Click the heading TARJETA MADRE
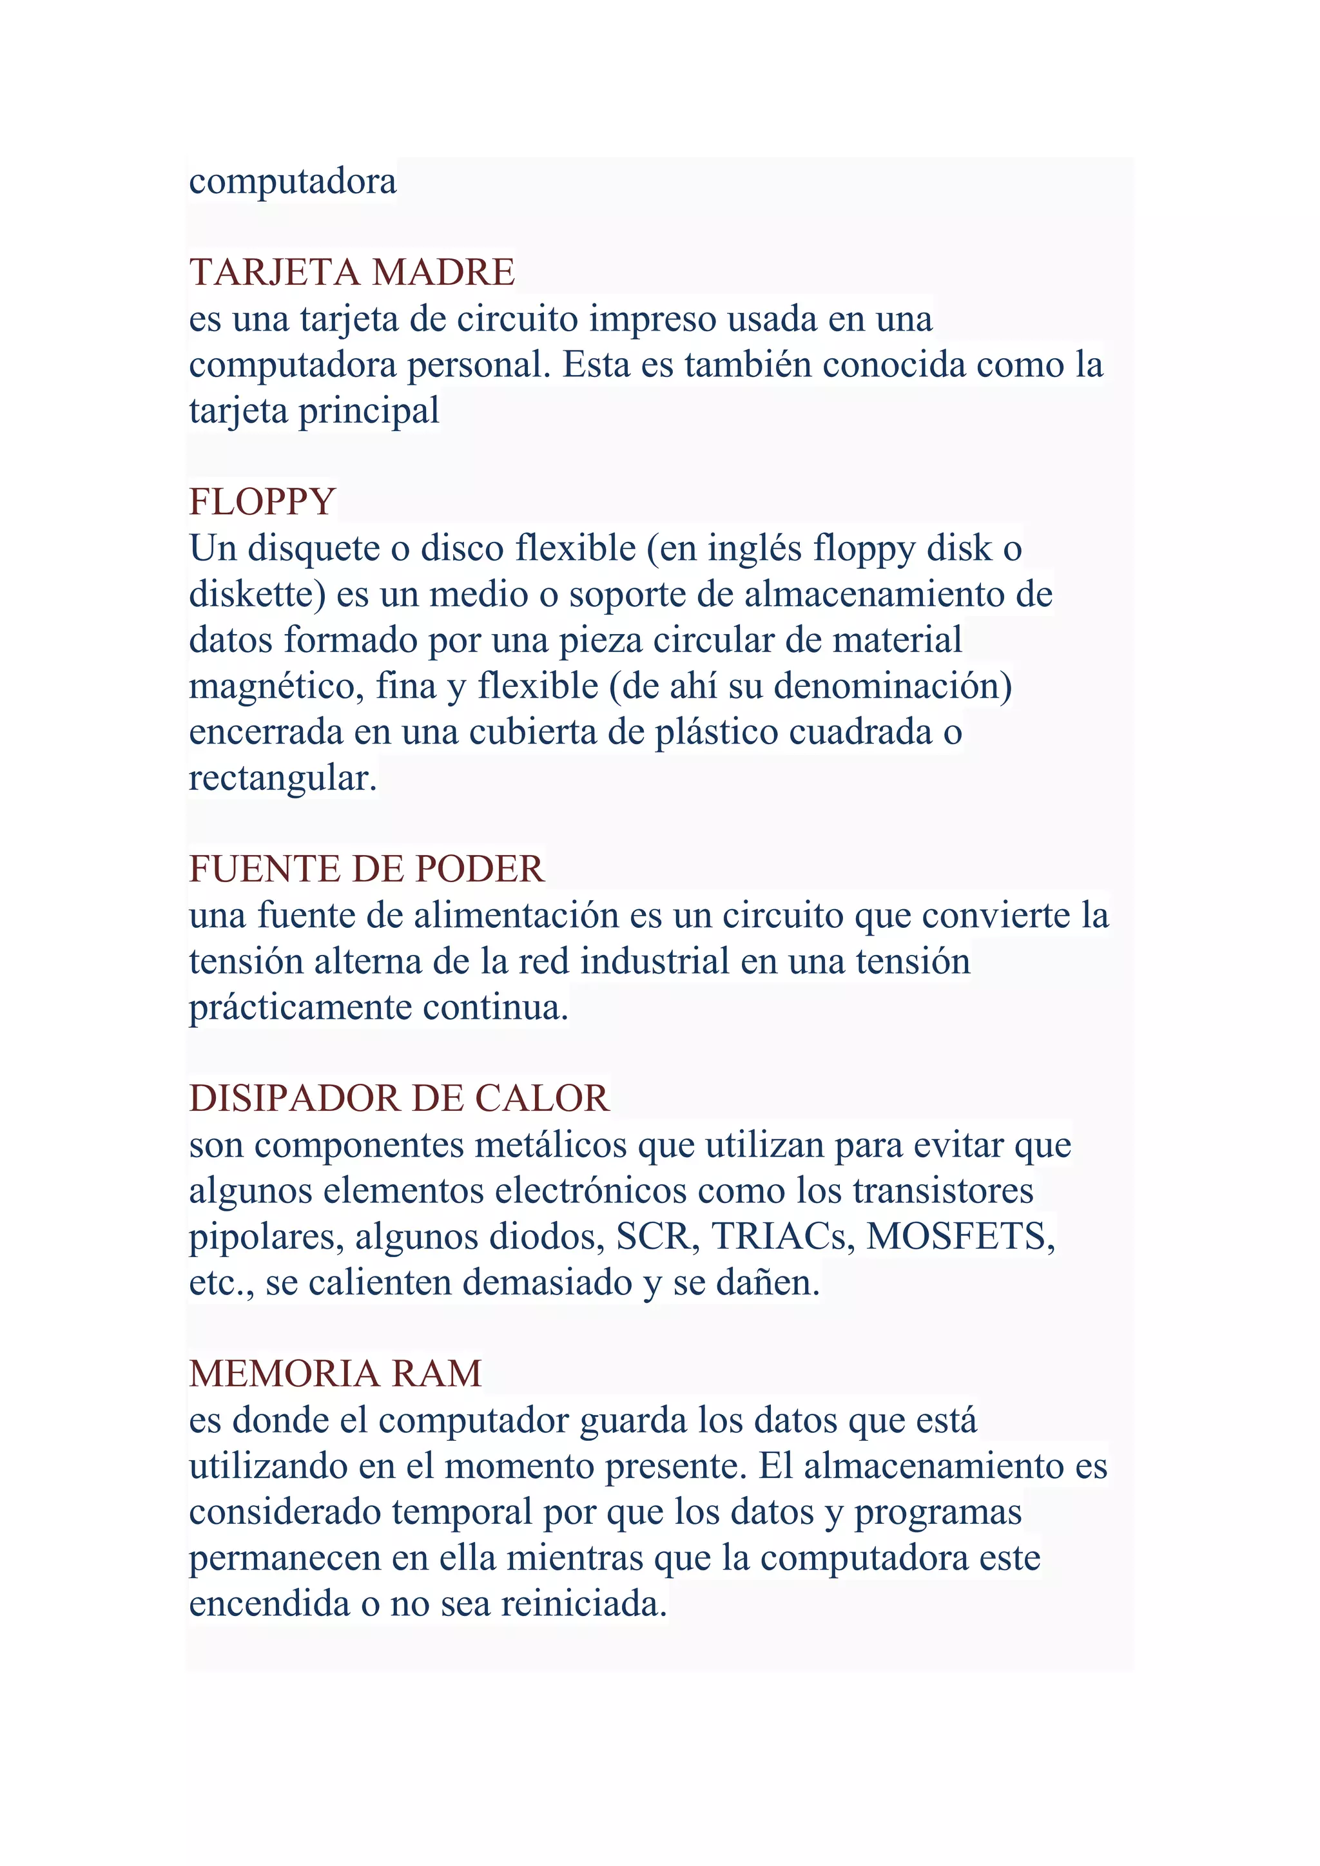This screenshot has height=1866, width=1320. [x=351, y=273]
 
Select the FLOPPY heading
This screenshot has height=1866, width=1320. [x=262, y=501]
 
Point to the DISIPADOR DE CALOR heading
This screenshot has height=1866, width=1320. [x=398, y=1099]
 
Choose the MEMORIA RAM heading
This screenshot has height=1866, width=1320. [x=335, y=1374]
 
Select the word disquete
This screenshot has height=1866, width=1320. [x=314, y=548]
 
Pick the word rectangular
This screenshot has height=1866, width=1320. [x=282, y=778]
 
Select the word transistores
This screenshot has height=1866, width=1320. [x=943, y=1191]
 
